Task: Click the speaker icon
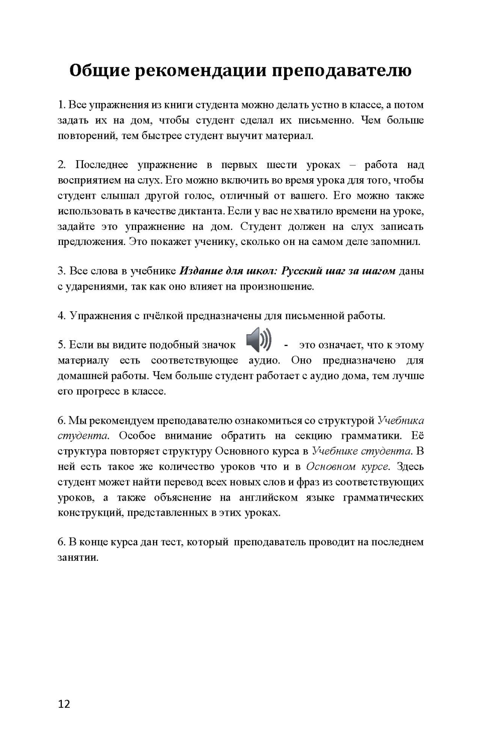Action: point(259,340)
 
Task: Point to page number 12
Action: point(64,704)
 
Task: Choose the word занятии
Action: point(78,558)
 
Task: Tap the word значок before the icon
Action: point(218,345)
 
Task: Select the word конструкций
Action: point(89,513)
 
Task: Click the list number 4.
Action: point(61,316)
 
